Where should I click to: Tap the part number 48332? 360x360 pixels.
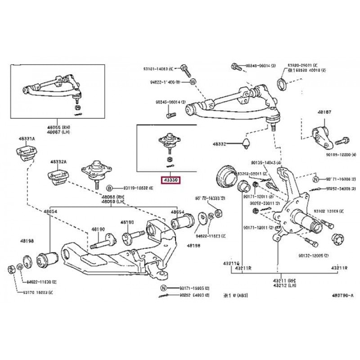point(222,144)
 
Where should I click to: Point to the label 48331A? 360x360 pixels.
point(26,139)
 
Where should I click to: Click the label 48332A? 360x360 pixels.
point(58,161)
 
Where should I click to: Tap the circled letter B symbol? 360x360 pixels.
point(108,188)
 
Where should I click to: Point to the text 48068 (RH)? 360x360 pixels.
point(111,197)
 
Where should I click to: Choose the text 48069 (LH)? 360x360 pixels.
point(111,202)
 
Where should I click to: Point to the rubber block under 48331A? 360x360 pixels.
point(26,154)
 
